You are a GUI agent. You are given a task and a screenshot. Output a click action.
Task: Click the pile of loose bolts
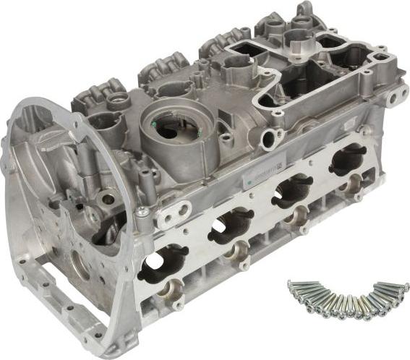pyautogui.click(x=345, y=297)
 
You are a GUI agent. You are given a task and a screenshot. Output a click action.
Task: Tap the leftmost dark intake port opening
pyautogui.click(x=162, y=264)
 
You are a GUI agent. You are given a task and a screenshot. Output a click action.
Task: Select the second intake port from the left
pyautogui.click(x=229, y=225)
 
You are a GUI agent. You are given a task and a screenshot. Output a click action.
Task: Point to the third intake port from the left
pyautogui.click(x=291, y=190)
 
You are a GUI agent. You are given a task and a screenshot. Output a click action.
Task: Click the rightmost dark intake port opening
pyautogui.click(x=348, y=158)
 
